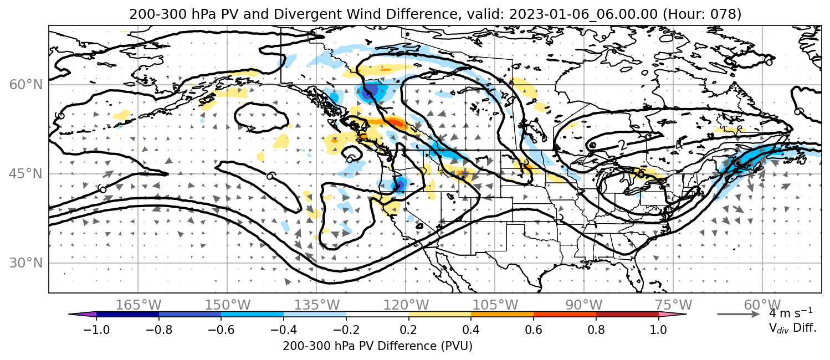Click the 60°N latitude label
25,85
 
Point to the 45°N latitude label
25,174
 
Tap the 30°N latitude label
25,263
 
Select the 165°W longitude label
138,305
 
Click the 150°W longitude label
228,305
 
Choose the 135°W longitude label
317,305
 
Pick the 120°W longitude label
406,305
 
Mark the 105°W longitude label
495,305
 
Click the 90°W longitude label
584,305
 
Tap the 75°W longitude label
673,305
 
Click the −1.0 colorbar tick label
96,330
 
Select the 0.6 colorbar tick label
534,330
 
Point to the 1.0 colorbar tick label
658,330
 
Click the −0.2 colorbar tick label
346,330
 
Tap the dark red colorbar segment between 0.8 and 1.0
627,315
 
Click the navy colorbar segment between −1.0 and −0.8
128,315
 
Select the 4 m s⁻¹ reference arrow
739,315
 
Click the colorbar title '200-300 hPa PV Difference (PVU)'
377,346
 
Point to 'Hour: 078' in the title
702,14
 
